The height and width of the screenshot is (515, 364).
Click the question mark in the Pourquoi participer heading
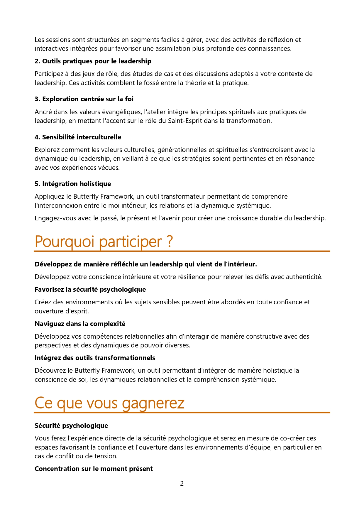[x=169, y=242]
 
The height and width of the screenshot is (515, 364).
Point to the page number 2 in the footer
[x=182, y=483]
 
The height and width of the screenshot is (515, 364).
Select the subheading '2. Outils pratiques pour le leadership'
[x=93, y=61]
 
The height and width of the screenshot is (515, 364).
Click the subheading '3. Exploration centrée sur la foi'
[x=84, y=99]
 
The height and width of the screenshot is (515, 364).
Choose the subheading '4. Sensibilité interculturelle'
[x=78, y=137]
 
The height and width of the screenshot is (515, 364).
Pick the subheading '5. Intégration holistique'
[x=73, y=184]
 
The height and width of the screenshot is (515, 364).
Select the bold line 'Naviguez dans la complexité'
[x=80, y=324]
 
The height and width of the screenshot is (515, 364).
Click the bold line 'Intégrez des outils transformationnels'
[x=95, y=358]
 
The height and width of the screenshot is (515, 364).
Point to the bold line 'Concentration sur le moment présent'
[x=94, y=469]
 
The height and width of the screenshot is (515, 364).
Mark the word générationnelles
[x=182, y=150]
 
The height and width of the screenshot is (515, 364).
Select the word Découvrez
[x=50, y=370]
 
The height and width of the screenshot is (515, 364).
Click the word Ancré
[x=43, y=112]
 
